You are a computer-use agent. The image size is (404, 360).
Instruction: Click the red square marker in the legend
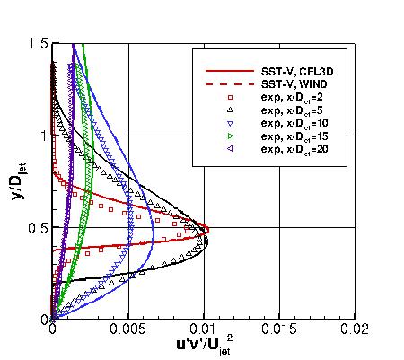tap(230, 96)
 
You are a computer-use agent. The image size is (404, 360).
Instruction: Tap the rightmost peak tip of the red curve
tap(207, 230)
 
